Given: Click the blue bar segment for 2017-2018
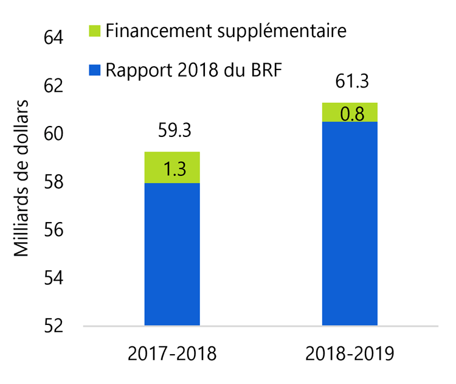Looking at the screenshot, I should tap(172, 254).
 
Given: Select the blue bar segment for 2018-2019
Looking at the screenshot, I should tap(350, 223).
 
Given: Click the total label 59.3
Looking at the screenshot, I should tap(172, 131).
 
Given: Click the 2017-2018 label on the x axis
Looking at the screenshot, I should tap(172, 354).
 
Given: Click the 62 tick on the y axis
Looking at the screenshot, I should tap(53, 86).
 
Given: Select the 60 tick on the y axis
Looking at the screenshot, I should tap(53, 134).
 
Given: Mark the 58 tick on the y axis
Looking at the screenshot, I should tap(53, 182).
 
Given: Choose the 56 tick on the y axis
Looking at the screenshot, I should tap(53, 230).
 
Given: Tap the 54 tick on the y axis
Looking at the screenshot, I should tap(53, 278).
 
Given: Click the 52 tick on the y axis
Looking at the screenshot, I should tap(53, 326).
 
